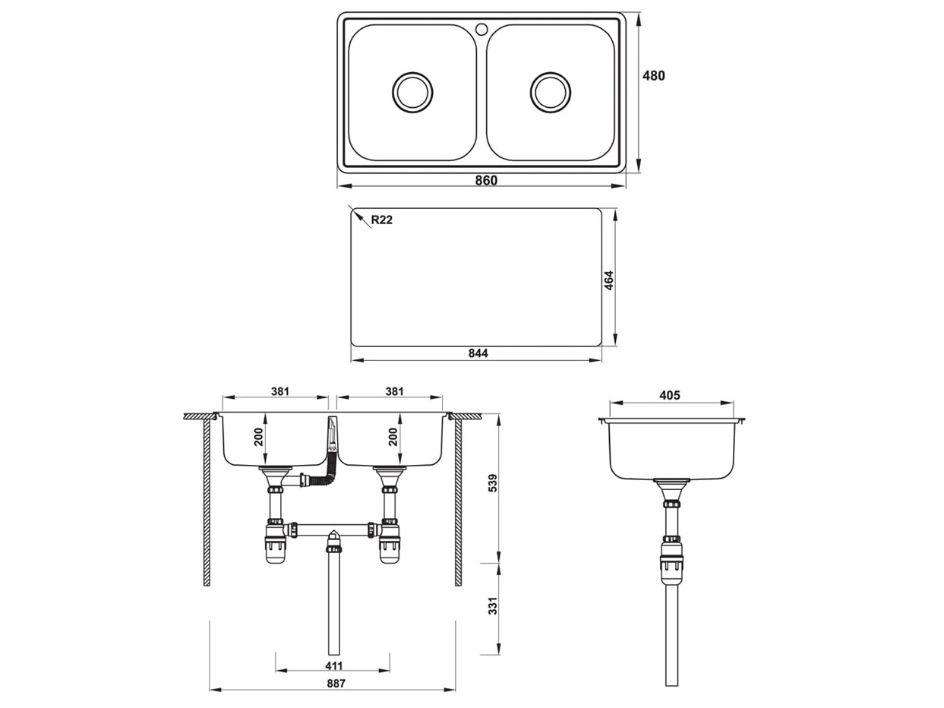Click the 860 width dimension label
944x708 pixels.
486,180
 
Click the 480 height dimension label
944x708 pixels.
654,75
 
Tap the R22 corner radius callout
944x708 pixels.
381,220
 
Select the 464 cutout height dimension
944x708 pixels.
608,280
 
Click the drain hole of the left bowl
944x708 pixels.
412,92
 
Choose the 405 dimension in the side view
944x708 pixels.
670,395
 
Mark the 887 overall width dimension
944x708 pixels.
334,683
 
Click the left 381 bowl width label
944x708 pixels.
280,391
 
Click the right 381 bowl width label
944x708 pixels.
394,391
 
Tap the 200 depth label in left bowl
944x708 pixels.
258,437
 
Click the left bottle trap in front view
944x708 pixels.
274,545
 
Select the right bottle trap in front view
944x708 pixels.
390,545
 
